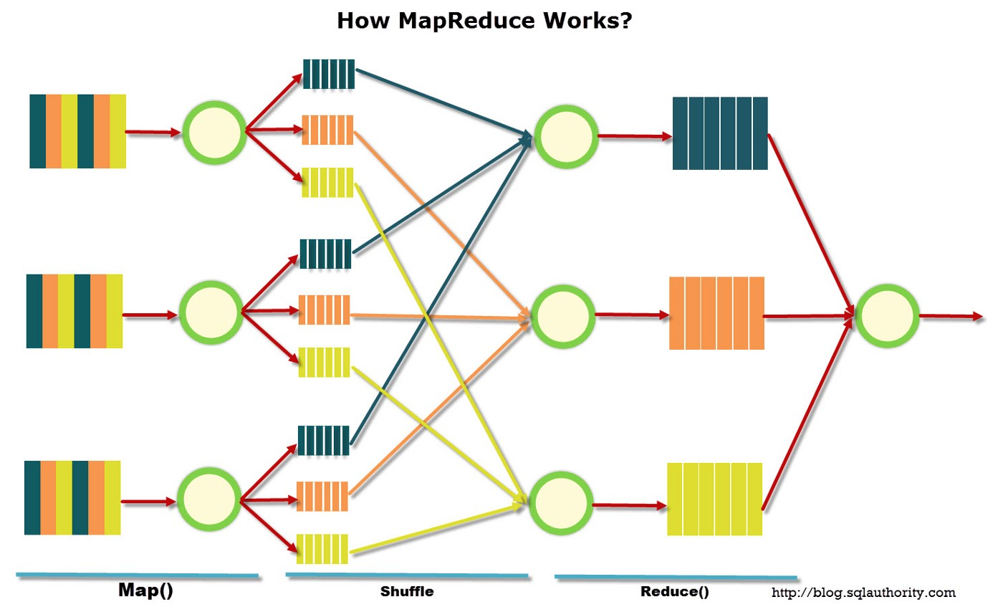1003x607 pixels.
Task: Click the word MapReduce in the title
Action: coord(466,21)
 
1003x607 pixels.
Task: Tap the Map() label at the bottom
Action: coord(145,590)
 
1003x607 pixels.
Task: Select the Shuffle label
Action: coord(407,591)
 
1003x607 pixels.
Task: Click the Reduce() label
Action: coord(675,591)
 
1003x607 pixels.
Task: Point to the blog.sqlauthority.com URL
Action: coord(863,593)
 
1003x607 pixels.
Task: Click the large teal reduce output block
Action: coord(720,133)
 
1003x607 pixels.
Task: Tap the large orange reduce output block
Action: coord(716,313)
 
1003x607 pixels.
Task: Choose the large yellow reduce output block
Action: coord(715,499)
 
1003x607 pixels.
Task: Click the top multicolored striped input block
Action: coord(77,131)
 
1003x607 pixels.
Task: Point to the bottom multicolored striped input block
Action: coord(72,497)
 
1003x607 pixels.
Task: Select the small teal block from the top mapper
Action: coord(329,74)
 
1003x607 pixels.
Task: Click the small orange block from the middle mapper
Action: coord(324,310)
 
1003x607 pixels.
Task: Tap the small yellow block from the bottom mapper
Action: coord(322,549)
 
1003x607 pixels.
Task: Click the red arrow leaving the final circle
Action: coord(951,316)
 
